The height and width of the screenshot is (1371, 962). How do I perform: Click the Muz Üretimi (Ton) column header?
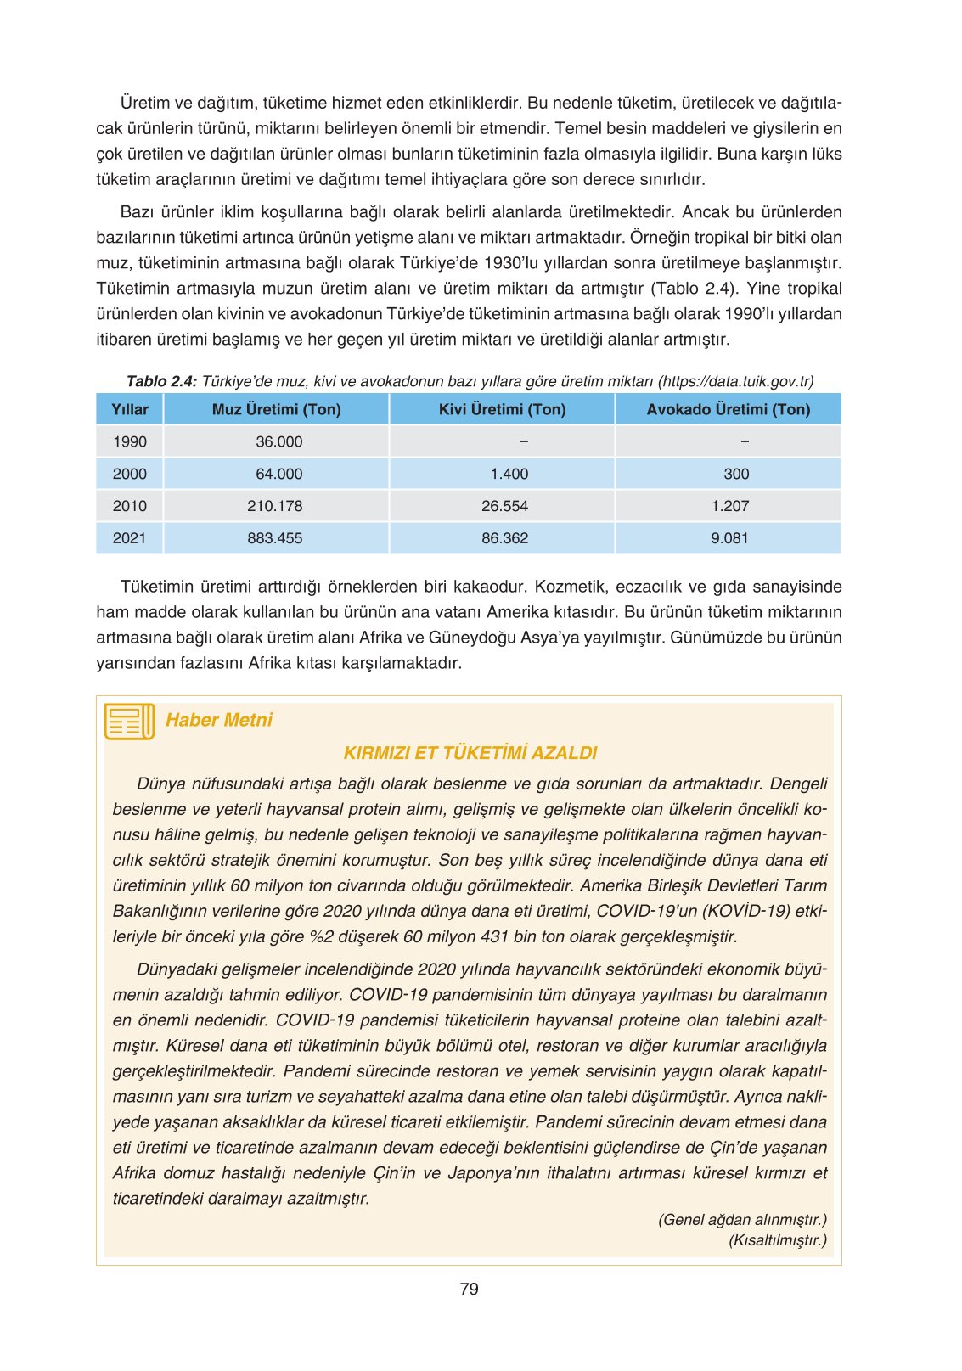click(276, 409)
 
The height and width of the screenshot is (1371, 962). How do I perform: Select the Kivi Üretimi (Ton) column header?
click(502, 409)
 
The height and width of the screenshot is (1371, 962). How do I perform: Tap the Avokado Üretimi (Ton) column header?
click(728, 409)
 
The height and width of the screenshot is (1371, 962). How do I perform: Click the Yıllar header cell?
click(130, 409)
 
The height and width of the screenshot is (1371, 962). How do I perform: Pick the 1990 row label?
click(130, 441)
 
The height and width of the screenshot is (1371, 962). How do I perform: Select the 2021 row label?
click(129, 538)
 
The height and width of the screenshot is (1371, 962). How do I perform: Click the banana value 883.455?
click(275, 538)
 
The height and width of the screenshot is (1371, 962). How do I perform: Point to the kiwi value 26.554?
click(504, 506)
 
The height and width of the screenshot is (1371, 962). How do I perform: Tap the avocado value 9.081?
click(729, 538)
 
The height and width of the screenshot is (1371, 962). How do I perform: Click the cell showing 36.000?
click(278, 441)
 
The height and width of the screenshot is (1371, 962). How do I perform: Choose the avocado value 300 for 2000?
click(736, 474)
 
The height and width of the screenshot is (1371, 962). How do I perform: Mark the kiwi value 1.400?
click(509, 474)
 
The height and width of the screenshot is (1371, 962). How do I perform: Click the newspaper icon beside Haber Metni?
click(129, 721)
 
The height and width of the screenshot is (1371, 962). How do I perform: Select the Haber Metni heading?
click(219, 720)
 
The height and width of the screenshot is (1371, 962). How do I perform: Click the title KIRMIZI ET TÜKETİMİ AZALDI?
click(470, 753)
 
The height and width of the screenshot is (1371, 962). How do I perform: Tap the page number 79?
click(469, 1289)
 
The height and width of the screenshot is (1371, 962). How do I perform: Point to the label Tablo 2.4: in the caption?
click(161, 381)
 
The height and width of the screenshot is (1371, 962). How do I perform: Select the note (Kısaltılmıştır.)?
click(777, 1240)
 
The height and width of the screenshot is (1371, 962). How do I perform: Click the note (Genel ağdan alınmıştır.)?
click(742, 1220)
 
